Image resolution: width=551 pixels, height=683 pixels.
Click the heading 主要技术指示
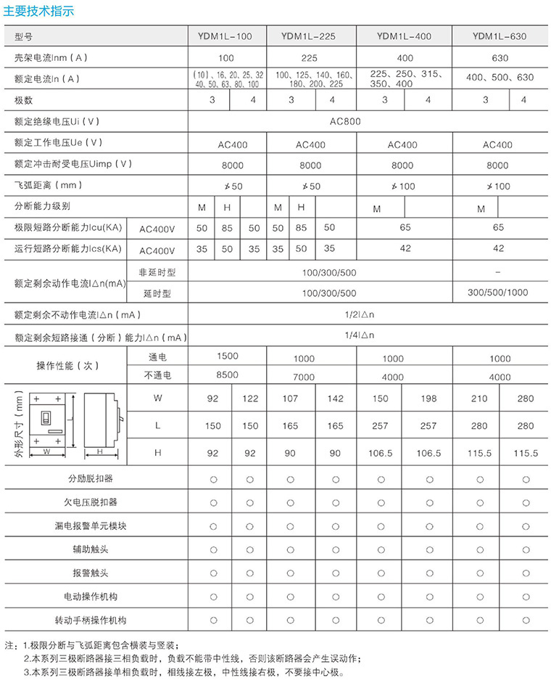pyautogui.click(x=39, y=12)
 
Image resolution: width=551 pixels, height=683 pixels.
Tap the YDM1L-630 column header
pyautogui.click(x=499, y=36)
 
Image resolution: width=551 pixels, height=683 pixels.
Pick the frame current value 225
pyautogui.click(x=310, y=57)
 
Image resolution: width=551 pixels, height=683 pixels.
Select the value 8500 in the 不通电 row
pyautogui.click(x=227, y=375)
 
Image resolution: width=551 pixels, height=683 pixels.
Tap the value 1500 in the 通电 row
pyautogui.click(x=227, y=356)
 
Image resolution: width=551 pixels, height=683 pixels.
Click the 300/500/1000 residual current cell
pyautogui.click(x=498, y=293)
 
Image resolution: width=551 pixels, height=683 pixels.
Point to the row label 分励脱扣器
pyautogui.click(x=91, y=479)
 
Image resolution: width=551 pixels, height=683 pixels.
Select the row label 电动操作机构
pyautogui.click(x=91, y=597)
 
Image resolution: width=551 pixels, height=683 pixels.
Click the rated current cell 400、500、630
pyautogui.click(x=500, y=78)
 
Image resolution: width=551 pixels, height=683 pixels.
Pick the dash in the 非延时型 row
pyautogui.click(x=498, y=272)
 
